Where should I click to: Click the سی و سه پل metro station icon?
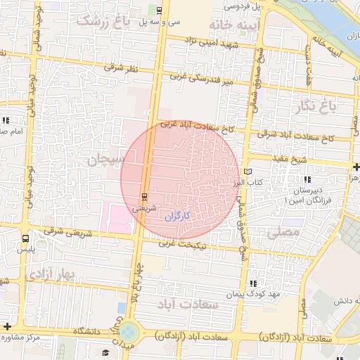point(160,10)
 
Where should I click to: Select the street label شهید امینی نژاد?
point(210,44)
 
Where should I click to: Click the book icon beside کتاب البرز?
point(246,171)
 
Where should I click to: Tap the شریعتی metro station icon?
point(144,195)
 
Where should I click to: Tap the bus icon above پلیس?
point(26,238)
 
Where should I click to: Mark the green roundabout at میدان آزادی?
point(129,331)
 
